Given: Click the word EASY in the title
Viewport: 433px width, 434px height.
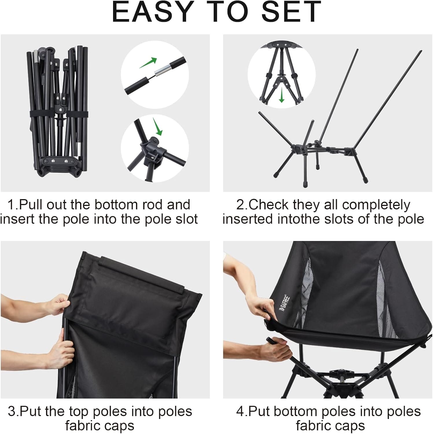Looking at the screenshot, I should click(x=152, y=12).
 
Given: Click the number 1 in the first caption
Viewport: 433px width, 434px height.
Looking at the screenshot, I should click(x=11, y=205).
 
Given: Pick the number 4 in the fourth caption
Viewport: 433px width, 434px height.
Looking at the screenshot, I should click(x=240, y=412).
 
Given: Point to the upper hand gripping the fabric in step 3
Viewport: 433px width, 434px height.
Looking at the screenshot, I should click(x=59, y=304).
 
